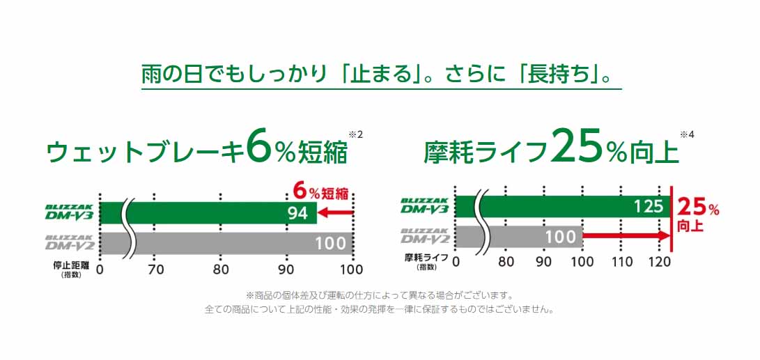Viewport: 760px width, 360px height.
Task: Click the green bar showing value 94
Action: pyautogui.click(x=208, y=212)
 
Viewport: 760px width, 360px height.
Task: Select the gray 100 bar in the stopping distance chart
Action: pyautogui.click(x=226, y=243)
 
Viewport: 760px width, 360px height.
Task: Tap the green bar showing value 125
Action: pyautogui.click(x=563, y=207)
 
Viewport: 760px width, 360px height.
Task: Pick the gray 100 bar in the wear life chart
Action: pyautogui.click(x=518, y=237)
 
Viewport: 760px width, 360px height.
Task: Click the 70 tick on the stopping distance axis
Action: pyautogui.click(x=155, y=269)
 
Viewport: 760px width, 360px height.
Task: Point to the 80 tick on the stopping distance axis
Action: pyautogui.click(x=221, y=269)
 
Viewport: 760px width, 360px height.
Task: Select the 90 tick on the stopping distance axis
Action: pyautogui.click(x=286, y=269)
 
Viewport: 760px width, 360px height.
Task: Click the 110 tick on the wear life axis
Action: pyautogui.click(x=621, y=262)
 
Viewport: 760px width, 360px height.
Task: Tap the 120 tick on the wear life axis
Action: pyautogui.click(x=659, y=262)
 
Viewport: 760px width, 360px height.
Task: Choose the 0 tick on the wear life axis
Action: pyautogui.click(x=456, y=262)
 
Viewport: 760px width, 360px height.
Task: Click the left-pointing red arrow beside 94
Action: pyautogui.click(x=335, y=212)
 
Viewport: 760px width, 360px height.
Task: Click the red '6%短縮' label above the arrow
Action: pyautogui.click(x=321, y=193)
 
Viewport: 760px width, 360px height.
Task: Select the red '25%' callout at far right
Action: pyautogui.click(x=698, y=208)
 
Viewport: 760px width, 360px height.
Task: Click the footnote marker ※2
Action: pyautogui.click(x=355, y=134)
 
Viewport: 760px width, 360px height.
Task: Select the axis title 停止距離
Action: pyautogui.click(x=72, y=265)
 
